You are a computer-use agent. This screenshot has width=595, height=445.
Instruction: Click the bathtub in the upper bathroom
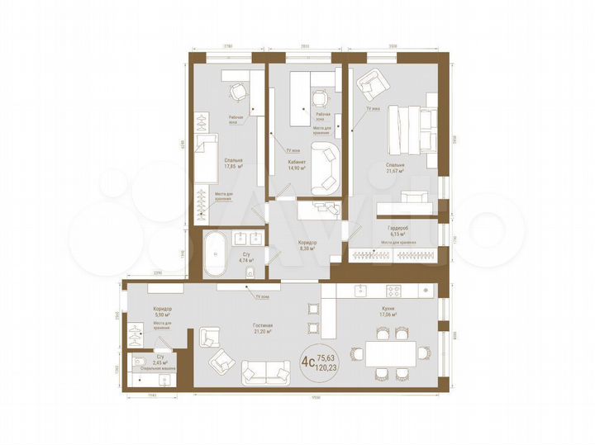pyautogui.click(x=215, y=253)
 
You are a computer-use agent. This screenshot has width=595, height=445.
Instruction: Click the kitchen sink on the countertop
pyautogui.click(x=360, y=291)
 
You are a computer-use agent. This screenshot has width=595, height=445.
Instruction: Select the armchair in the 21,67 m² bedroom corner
pyautogui.click(x=369, y=83)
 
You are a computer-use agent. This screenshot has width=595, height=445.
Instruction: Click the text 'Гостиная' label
pyautogui.click(x=263, y=326)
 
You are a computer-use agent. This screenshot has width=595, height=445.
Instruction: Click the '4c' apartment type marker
pyautogui.click(x=307, y=360)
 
